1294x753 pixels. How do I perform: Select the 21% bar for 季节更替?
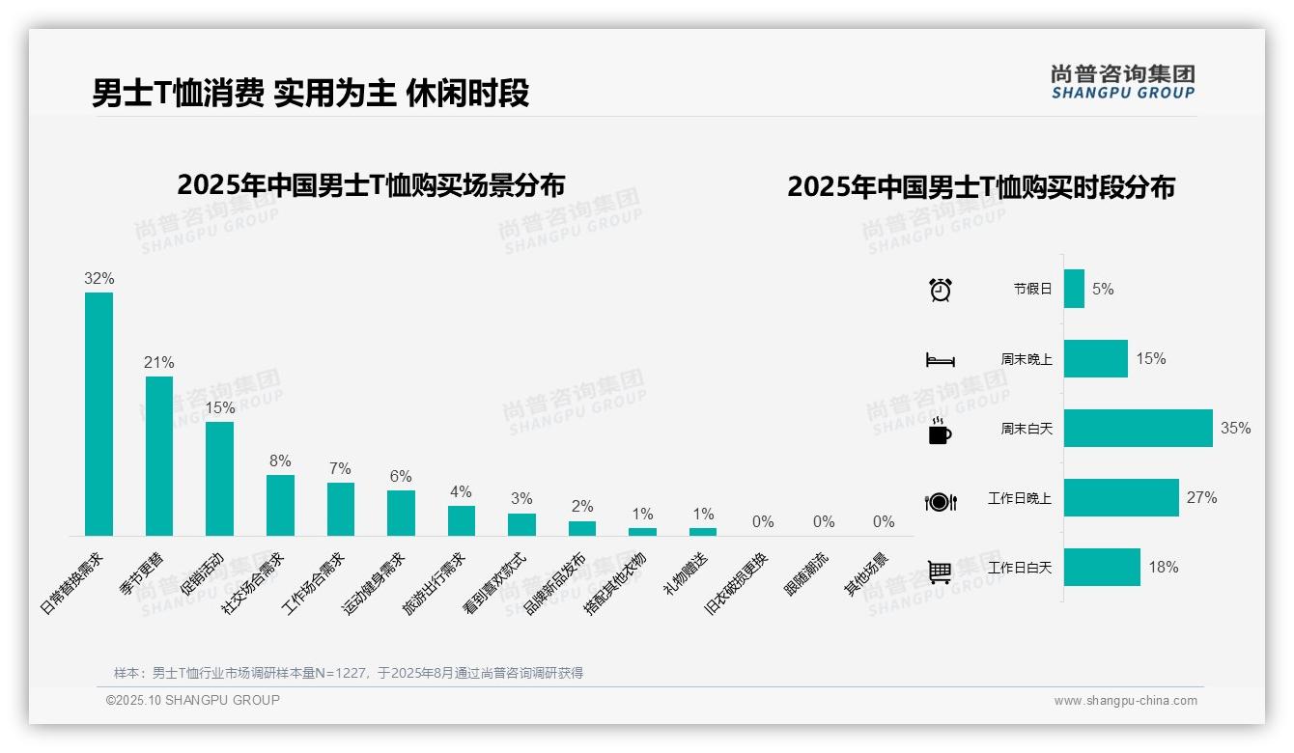159,456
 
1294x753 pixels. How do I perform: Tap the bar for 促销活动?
219,478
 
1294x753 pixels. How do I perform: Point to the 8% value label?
280,461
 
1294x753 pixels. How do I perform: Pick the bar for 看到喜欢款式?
521,524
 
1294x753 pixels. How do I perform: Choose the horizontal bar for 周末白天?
1138,428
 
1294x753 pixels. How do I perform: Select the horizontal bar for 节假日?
1074,289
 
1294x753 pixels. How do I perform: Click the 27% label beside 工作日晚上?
1201,498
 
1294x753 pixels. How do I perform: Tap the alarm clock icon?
940,289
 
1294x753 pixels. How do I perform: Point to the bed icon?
940,359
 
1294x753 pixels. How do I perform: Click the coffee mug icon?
940,431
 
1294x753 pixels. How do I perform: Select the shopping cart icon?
940,571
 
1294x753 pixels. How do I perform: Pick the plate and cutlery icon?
940,501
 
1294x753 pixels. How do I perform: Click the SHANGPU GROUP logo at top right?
1122,82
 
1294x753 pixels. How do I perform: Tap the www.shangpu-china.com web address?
1125,701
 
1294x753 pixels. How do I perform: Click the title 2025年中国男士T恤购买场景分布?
371,184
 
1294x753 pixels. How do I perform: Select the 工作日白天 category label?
1019,568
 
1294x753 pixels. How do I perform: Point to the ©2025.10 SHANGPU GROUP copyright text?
193,700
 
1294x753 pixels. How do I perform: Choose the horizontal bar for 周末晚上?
1095,358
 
